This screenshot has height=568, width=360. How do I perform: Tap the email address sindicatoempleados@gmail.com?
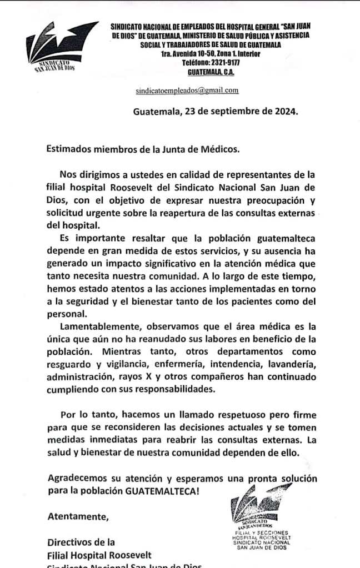(187, 90)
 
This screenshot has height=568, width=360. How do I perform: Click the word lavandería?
(289, 364)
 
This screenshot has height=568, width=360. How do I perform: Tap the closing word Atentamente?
(78, 516)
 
